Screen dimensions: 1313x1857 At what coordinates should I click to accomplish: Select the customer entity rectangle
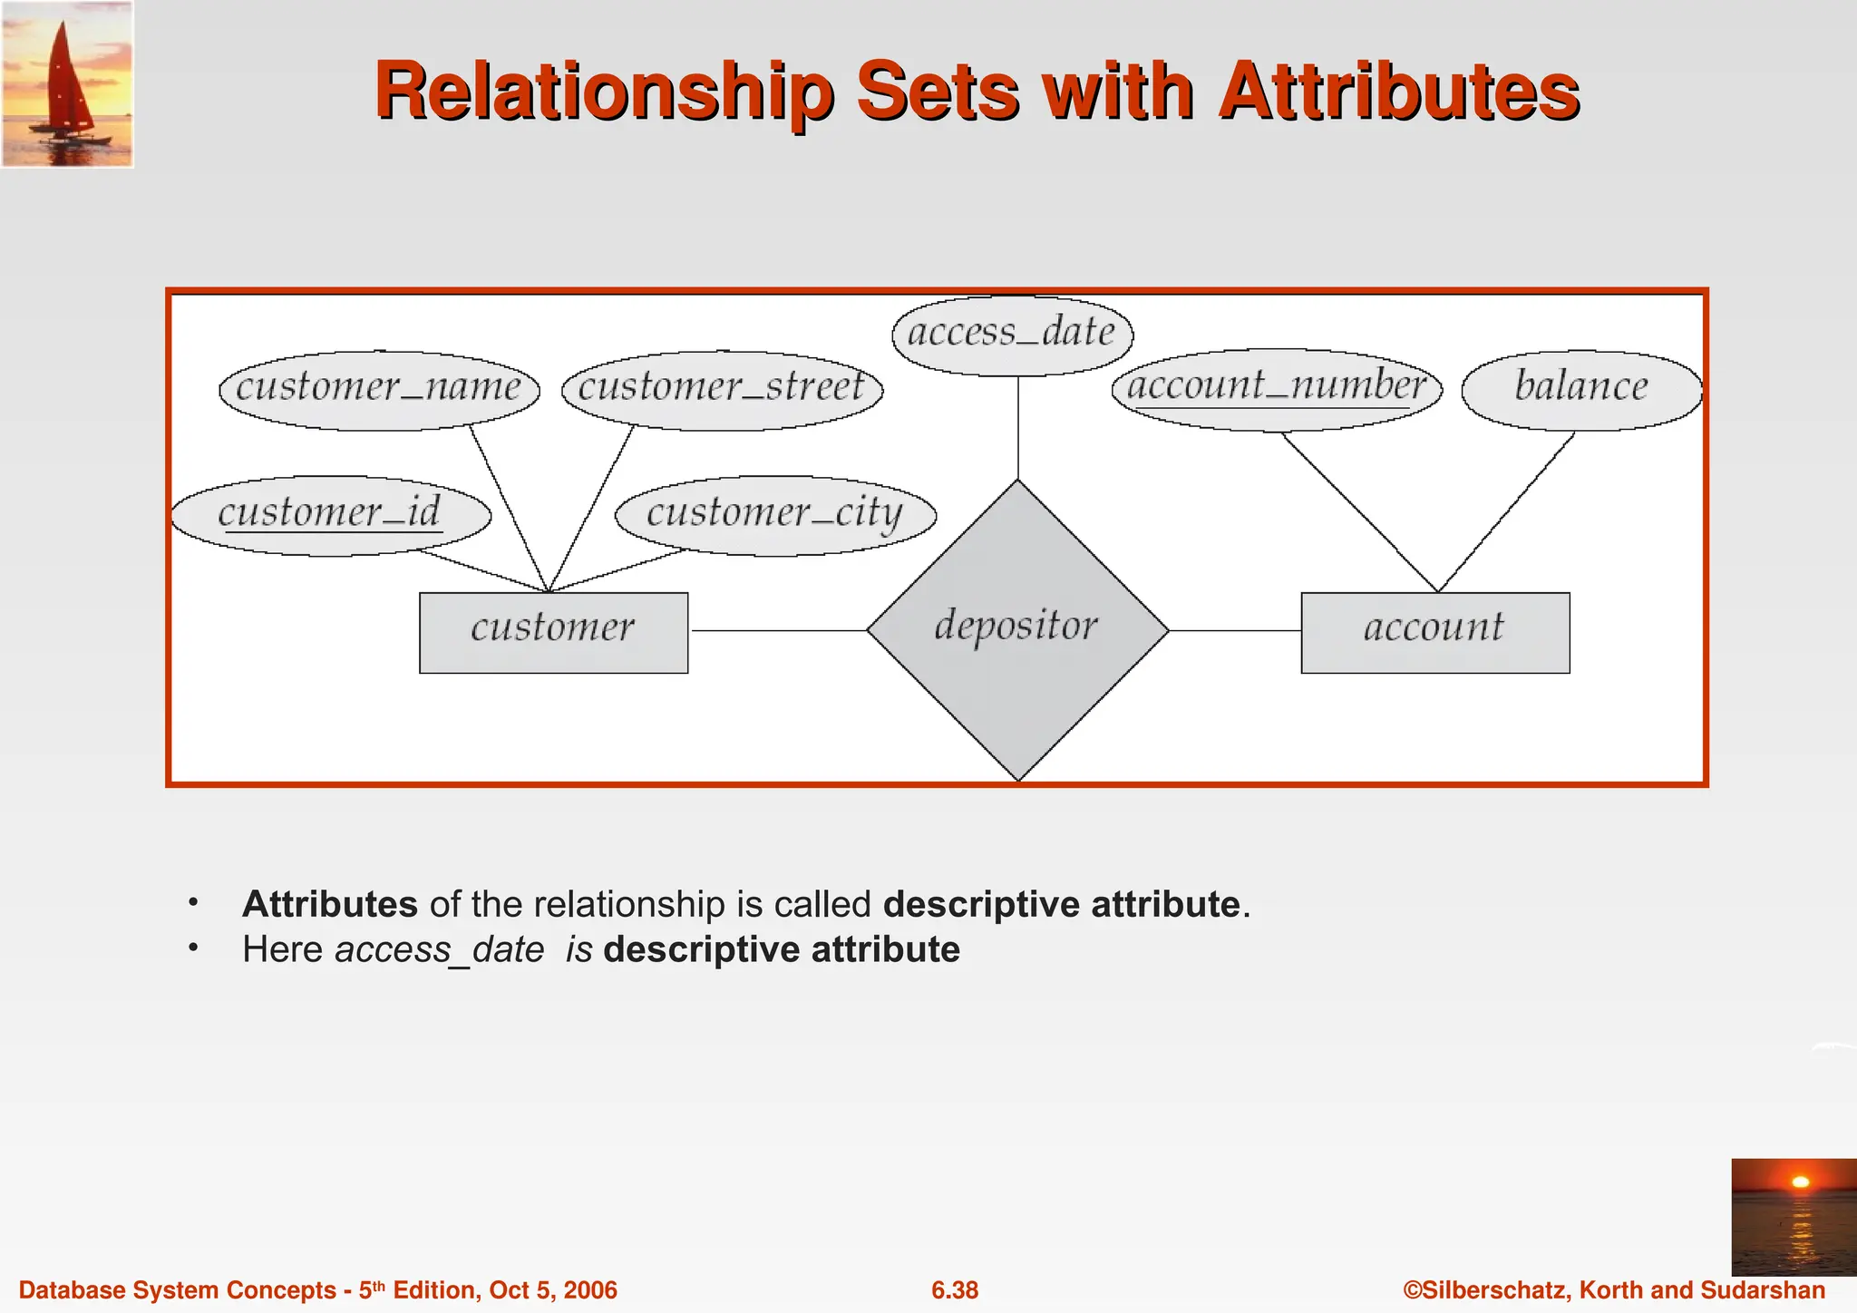tap(553, 632)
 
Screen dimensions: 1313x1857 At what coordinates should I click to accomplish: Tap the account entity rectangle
tap(1434, 632)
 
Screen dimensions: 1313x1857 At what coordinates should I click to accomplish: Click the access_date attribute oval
tap(1012, 335)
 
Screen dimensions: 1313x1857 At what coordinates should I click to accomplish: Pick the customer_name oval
tap(379, 390)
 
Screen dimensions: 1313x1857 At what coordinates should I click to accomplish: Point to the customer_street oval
tap(722, 390)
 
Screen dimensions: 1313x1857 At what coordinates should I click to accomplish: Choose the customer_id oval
tap(330, 515)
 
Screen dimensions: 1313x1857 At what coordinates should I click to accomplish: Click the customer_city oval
tap(775, 515)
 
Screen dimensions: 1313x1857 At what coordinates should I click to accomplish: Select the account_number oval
tap(1277, 388)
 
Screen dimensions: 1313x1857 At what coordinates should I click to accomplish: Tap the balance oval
tap(1581, 390)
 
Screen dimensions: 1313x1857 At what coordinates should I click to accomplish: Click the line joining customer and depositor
tap(778, 630)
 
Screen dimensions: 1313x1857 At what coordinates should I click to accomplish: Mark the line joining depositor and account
tap(1235, 630)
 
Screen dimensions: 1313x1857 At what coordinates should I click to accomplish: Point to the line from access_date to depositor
tap(1018, 426)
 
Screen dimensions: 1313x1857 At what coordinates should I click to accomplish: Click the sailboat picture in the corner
tap(67, 83)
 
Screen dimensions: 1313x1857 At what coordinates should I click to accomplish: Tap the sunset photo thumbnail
tap(1794, 1216)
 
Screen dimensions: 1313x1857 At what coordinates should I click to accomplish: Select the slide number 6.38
tap(955, 1290)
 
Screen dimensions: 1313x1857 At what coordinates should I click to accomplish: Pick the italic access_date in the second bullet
tap(439, 950)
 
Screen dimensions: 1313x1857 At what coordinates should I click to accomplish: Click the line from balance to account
tap(1507, 511)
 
